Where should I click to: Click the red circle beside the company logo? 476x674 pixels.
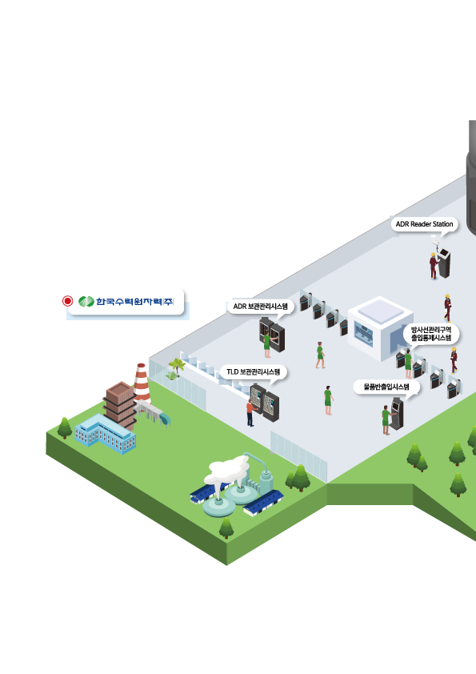pyautogui.click(x=67, y=301)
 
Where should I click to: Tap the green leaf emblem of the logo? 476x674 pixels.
pyautogui.click(x=86, y=301)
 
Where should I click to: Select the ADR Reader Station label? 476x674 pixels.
pyautogui.click(x=425, y=224)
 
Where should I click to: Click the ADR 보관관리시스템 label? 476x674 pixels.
pyautogui.click(x=260, y=307)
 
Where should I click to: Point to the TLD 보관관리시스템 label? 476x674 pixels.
pyautogui.click(x=253, y=371)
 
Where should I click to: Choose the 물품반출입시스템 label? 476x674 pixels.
pyautogui.click(x=386, y=387)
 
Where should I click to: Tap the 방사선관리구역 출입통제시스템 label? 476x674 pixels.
pyautogui.click(x=431, y=334)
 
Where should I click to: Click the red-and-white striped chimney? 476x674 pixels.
pyautogui.click(x=142, y=382)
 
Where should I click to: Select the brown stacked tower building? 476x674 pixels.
pyautogui.click(x=120, y=404)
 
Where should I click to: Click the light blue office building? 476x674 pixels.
pyautogui.click(x=106, y=434)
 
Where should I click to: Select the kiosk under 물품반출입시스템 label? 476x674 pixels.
pyautogui.click(x=397, y=414)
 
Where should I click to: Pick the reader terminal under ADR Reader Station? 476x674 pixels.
pyautogui.click(x=444, y=263)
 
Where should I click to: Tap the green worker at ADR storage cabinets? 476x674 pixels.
pyautogui.click(x=267, y=345)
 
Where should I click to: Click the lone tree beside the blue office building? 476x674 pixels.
pyautogui.click(x=65, y=427)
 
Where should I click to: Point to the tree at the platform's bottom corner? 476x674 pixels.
pyautogui.click(x=226, y=528)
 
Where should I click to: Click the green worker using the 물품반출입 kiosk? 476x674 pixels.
pyautogui.click(x=386, y=420)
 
